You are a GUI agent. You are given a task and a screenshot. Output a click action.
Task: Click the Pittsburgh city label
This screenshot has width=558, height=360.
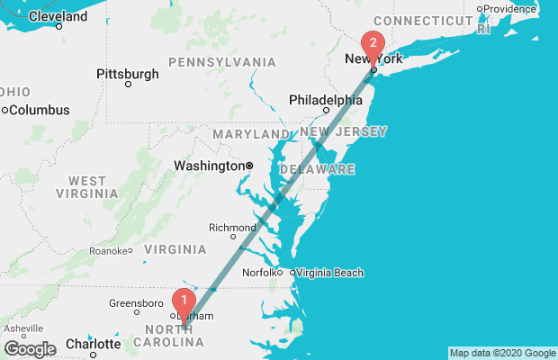[x=128, y=73]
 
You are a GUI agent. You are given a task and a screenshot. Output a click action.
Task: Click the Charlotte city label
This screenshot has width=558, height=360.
[x=92, y=344]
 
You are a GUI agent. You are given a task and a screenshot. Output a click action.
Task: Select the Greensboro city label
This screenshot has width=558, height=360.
[x=134, y=303]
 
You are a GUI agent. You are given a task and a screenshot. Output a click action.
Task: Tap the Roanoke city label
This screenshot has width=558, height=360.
[x=107, y=251]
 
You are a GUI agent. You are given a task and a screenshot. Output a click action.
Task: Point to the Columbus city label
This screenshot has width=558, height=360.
[x=39, y=110]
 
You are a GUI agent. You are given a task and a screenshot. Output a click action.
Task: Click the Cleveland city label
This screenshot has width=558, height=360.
[x=58, y=15]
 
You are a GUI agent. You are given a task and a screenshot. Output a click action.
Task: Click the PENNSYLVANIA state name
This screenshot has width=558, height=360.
[x=221, y=62]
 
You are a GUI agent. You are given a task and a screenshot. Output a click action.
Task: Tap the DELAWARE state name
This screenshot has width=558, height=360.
[x=317, y=169]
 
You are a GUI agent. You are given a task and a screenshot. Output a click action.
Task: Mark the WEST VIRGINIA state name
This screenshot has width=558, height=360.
[x=86, y=186]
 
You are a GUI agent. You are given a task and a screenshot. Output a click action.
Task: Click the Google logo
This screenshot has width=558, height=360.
[x=30, y=348]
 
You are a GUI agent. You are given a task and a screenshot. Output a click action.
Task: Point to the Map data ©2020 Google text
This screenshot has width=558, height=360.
[x=502, y=353]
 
